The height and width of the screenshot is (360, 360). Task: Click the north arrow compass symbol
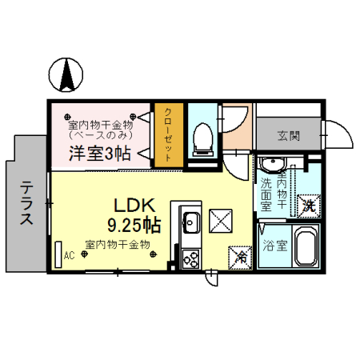(x=66, y=74)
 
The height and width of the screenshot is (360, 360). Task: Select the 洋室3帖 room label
(x=100, y=154)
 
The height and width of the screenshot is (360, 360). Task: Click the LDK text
(x=126, y=205)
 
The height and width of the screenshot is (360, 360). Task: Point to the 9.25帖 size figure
(x=133, y=224)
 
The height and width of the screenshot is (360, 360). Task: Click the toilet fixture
(x=202, y=140)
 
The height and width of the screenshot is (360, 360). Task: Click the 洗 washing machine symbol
(x=308, y=206)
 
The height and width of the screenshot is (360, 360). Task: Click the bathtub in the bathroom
(x=304, y=247)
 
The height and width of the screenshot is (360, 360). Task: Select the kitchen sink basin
(x=191, y=222)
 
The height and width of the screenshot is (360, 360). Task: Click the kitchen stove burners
(x=191, y=258)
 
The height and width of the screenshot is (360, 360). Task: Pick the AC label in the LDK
(x=69, y=256)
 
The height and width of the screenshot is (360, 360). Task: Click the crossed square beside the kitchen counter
(x=219, y=218)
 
